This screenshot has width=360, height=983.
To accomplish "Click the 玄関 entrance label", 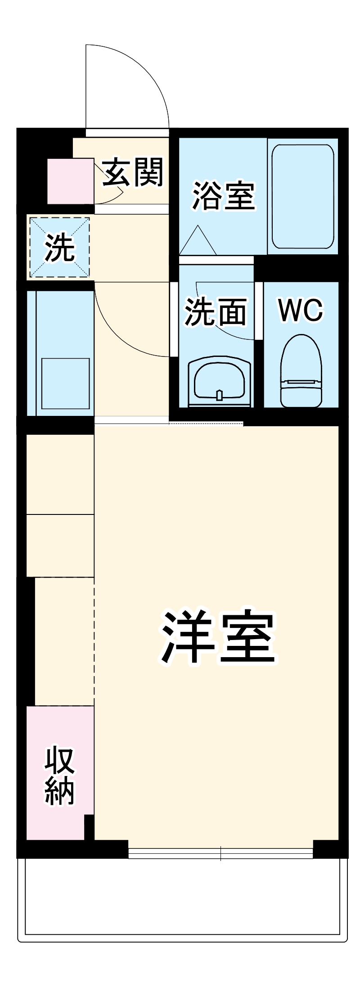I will tap(133, 172).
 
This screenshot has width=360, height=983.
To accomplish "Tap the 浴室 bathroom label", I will tap(224, 195).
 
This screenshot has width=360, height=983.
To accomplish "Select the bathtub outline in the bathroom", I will tap(303, 196).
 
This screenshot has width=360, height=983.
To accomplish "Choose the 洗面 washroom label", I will tap(216, 311).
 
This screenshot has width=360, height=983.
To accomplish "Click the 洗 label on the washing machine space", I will tap(59, 248).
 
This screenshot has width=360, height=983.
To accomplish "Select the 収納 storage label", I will tap(60, 776).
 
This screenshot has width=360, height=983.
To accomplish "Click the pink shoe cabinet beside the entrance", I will tap(71, 181).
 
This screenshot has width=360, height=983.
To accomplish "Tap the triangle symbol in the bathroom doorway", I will tap(198, 242).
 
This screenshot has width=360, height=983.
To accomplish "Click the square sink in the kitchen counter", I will tap(65, 383).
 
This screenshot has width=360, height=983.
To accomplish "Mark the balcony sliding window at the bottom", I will tap(220, 853).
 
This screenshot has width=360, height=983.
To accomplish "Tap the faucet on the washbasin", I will tap(219, 395).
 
